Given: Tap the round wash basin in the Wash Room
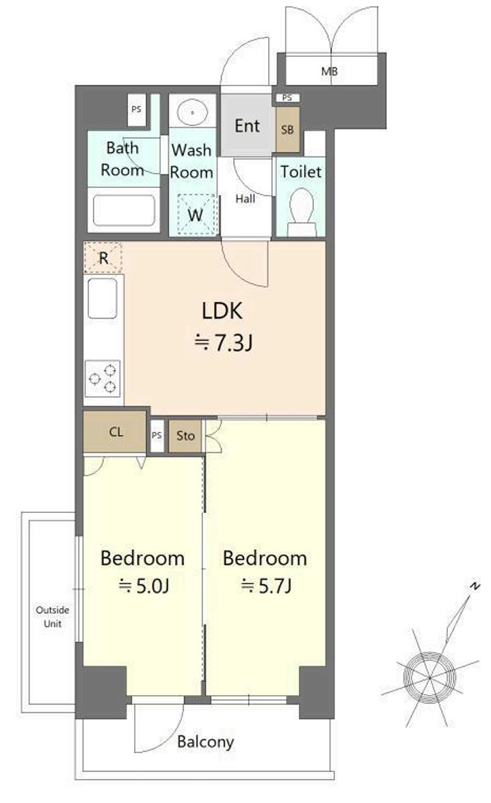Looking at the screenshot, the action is tap(193, 111).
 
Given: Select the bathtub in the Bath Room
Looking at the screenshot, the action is tap(123, 210).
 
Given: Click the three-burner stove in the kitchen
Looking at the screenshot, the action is tap(103, 378).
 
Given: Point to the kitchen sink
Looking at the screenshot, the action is tap(103, 298).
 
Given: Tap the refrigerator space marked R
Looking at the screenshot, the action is tap(103, 258).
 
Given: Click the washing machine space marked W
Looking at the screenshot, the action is tap(195, 215).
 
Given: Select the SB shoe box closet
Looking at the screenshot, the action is tap(287, 129).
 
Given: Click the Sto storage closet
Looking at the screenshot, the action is tap(185, 435).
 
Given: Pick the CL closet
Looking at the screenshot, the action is tap(116, 432).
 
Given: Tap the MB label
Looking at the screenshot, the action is tap(329, 72).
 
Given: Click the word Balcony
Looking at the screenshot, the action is tap(205, 741).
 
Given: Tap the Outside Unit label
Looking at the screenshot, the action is tap(52, 616).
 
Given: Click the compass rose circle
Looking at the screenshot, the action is tap(429, 678).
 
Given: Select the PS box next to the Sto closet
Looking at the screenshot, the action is tap(157, 435).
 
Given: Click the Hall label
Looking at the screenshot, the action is tap(245, 199).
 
